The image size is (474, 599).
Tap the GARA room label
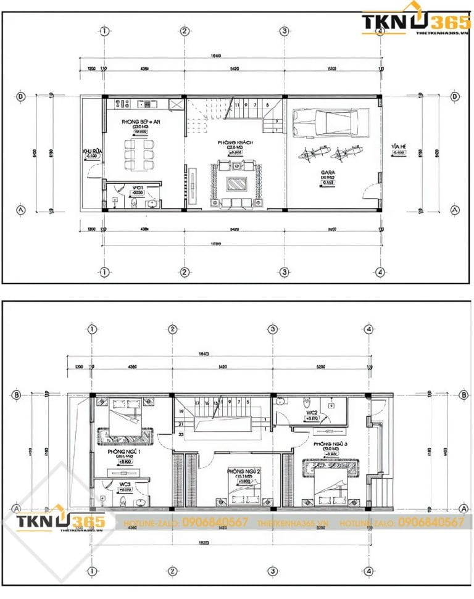tap(328, 173)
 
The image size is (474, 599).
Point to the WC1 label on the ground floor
tap(137, 186)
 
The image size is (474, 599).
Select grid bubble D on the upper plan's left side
tap(22, 96)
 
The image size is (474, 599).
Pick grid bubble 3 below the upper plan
tap(284, 271)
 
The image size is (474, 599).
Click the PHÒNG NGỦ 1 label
tap(124, 452)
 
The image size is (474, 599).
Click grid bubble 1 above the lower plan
tap(92, 329)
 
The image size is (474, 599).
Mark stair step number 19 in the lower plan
tap(181, 411)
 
